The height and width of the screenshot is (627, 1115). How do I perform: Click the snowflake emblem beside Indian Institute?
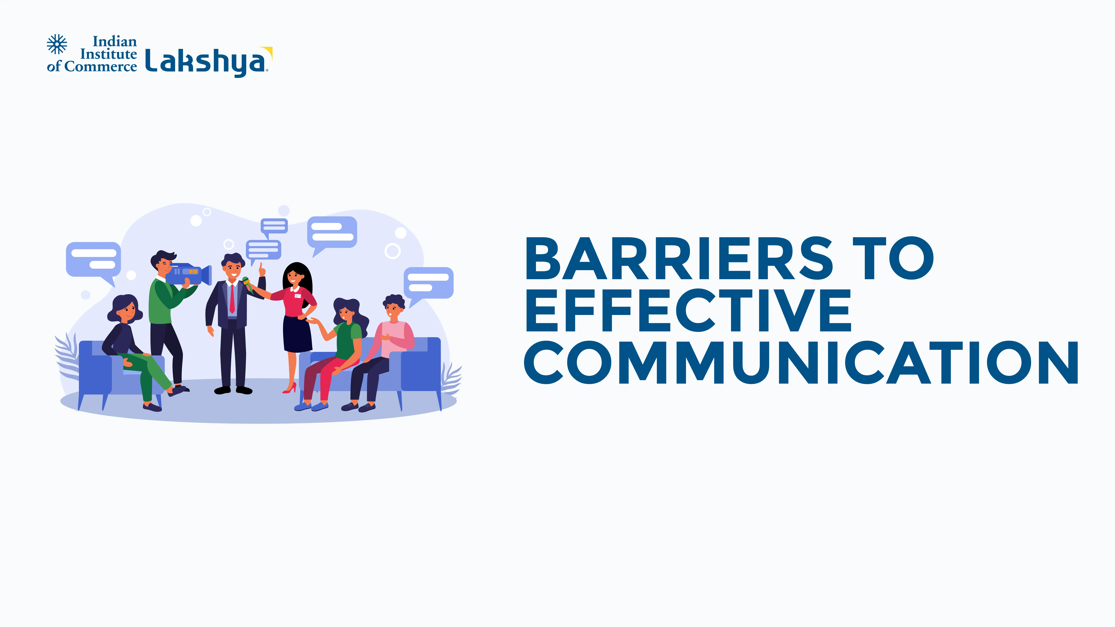57,44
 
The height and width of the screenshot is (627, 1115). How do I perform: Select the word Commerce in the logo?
100,67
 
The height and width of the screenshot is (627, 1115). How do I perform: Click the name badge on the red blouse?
297,296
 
